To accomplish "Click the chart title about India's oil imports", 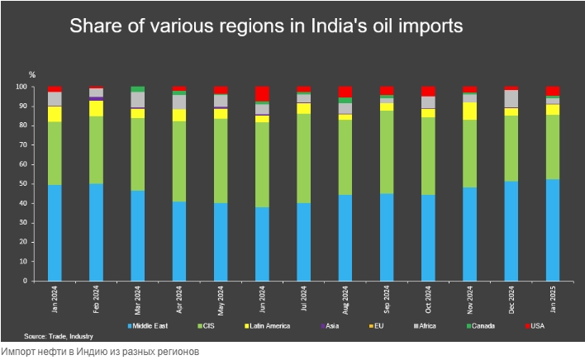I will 266,26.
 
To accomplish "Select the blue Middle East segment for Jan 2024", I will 55,233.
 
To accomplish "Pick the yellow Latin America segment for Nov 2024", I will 470,111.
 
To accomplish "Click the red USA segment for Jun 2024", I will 262,93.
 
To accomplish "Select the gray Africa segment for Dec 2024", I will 511,98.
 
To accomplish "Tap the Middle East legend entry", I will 149,326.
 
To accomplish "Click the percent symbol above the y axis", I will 32,74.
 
